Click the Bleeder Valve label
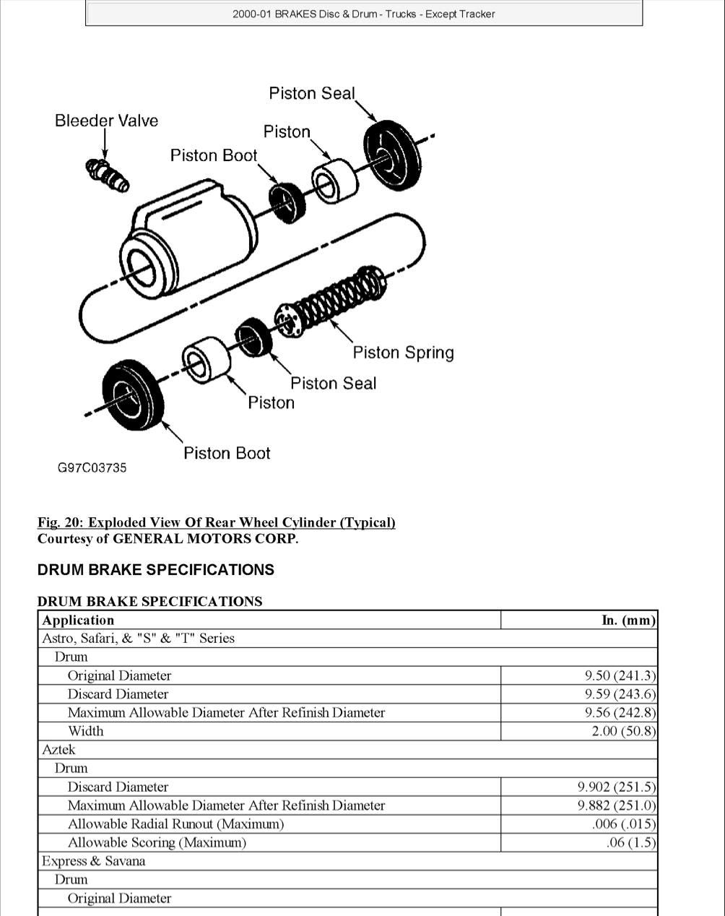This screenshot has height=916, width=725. click(106, 121)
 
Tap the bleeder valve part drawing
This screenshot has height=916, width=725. click(108, 174)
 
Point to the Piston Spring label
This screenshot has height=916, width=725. click(403, 353)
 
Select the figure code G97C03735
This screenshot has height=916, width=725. click(92, 468)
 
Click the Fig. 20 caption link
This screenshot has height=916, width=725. click(216, 522)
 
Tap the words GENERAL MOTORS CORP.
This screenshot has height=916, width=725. click(205, 539)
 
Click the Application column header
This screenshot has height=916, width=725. click(78, 620)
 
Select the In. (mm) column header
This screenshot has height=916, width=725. click(628, 620)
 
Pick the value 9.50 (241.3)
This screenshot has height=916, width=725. click(620, 675)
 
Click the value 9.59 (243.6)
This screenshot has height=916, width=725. click(620, 694)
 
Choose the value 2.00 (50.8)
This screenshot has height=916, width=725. click(623, 731)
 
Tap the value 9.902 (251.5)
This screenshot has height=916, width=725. click(616, 787)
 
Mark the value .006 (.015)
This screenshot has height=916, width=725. click(622, 824)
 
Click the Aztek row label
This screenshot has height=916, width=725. click(58, 750)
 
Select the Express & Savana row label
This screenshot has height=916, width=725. click(93, 861)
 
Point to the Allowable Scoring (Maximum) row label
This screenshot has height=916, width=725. click(157, 842)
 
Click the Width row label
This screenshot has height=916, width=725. click(85, 731)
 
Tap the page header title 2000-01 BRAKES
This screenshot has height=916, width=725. click(363, 14)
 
